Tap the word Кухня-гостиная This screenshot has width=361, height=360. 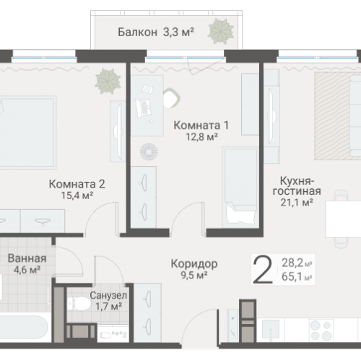pos(297,185)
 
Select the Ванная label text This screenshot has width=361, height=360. pos(27,258)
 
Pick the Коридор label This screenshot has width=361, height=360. pos(195,263)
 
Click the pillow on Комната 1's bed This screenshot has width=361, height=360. pos(235,214)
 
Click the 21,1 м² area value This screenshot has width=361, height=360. pos(297,203)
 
